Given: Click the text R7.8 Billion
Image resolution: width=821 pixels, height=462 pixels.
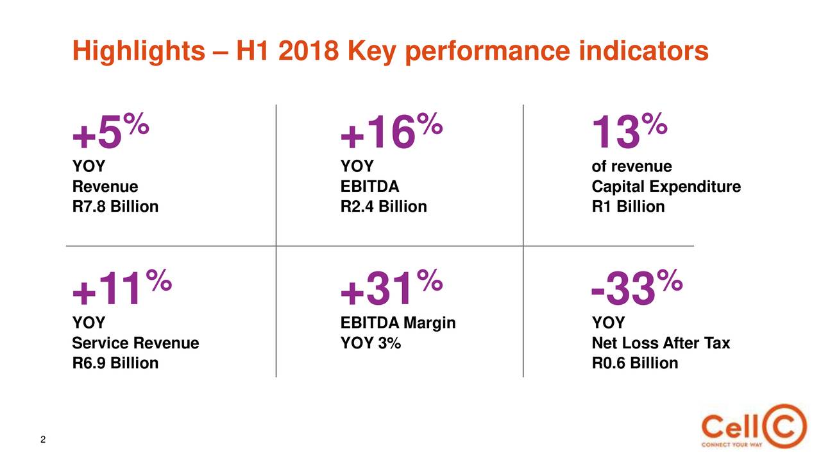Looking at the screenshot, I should pos(115,207).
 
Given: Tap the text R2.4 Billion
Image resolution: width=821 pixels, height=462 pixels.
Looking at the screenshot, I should pos(383,207).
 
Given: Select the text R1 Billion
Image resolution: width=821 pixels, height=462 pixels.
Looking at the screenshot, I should pos(628,207).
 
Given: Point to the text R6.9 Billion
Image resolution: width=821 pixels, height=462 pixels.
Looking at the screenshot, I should pos(115,364).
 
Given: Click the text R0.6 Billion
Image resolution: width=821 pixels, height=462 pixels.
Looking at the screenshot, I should pos(634,364).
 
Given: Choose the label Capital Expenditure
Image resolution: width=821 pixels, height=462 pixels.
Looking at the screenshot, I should pos(666,187).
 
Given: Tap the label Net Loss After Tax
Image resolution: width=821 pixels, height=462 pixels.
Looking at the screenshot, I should pos(661,344).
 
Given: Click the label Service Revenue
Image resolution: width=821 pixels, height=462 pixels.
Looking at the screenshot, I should pos(135,344).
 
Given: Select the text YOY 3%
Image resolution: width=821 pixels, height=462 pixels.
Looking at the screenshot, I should pos(370,344).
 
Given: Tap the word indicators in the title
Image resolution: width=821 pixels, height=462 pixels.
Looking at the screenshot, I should pos(643,51).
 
